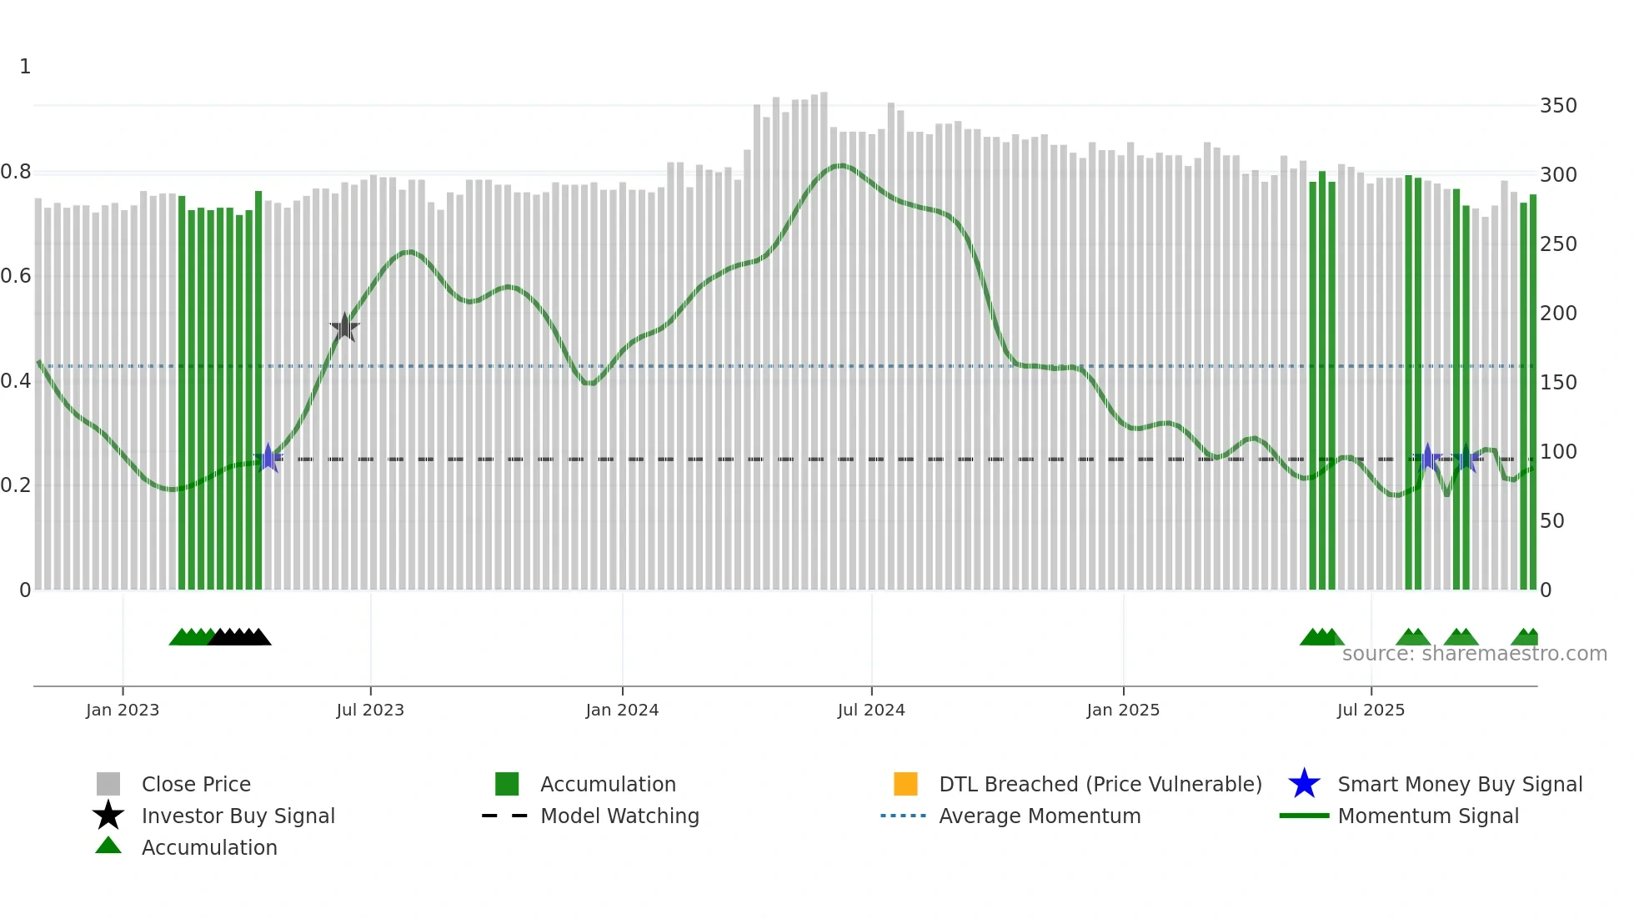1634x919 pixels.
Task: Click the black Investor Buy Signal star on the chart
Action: point(344,327)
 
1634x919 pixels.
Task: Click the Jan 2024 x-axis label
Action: point(622,710)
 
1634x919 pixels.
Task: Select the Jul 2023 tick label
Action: point(370,710)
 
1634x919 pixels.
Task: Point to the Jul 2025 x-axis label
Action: point(1371,710)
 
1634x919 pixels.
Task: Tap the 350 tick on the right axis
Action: point(1558,106)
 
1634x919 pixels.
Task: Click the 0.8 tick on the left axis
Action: point(17,172)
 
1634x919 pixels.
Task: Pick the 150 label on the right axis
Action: point(1558,383)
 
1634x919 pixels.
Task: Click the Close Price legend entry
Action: point(196,784)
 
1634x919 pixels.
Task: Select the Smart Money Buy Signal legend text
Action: point(1460,784)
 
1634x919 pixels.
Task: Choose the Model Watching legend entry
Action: point(619,816)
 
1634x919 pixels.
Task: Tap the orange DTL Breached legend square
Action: point(905,784)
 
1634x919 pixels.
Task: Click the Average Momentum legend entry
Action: point(1040,816)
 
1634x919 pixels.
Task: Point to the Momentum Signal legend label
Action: point(1428,816)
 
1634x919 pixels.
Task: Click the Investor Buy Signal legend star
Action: point(108,816)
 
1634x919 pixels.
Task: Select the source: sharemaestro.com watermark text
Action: point(1474,654)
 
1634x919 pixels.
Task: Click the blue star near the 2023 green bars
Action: point(268,458)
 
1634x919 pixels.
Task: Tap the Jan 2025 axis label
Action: point(1123,710)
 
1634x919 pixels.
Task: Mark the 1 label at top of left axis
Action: point(25,67)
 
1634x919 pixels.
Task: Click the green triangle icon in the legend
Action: point(108,846)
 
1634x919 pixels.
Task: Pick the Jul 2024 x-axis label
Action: point(871,710)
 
